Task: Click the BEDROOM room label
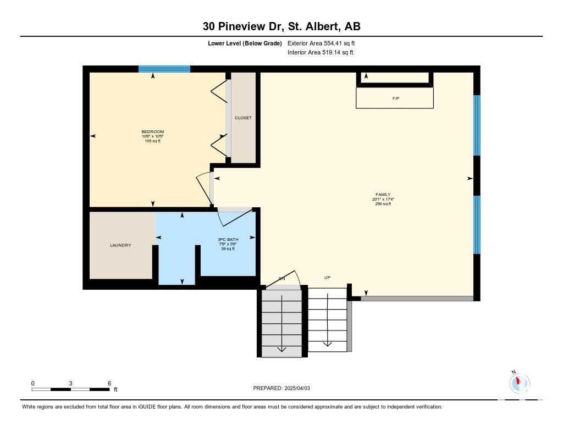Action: tap(153, 131)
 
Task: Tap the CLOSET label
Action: tap(243, 118)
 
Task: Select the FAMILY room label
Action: tap(383, 194)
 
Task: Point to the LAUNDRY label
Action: tap(120, 245)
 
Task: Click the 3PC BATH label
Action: tap(228, 239)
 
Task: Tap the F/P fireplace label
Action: tap(395, 98)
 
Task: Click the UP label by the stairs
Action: tap(327, 277)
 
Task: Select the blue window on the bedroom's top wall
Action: tap(164, 69)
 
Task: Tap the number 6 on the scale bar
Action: tap(109, 383)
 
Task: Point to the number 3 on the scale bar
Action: tap(70, 383)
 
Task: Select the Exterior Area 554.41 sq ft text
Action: tap(321, 43)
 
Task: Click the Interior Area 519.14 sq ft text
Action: tap(321, 52)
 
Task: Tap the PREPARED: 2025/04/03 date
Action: tap(281, 388)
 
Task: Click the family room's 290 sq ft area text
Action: tap(383, 203)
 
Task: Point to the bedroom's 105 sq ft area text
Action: tap(153, 141)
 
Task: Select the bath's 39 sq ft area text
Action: tap(228, 249)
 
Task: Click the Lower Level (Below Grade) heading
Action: tap(245, 43)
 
